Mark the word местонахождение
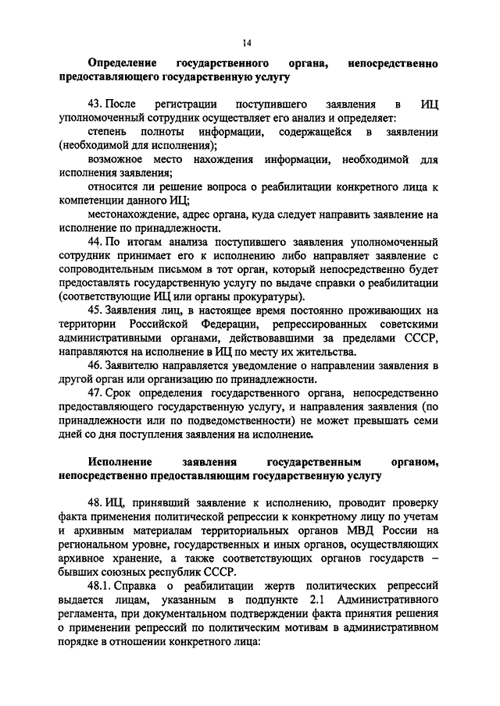pos(137,215)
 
